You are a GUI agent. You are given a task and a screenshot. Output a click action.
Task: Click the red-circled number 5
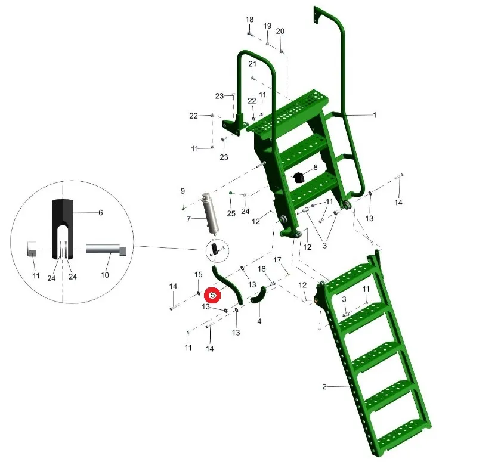212,295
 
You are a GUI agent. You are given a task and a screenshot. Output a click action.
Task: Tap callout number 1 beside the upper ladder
375,115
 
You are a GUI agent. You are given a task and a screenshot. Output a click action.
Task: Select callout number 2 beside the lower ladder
324,387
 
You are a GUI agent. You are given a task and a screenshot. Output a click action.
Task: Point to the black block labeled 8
299,178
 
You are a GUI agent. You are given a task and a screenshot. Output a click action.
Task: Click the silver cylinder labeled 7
210,213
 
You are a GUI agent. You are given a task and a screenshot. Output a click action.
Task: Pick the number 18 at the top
249,20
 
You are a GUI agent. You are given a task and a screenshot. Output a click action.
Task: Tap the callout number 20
280,31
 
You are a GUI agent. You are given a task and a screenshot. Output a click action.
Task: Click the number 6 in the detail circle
101,213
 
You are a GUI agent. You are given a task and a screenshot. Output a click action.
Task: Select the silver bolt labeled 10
106,249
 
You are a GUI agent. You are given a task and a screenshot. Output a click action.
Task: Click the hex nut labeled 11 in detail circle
31,249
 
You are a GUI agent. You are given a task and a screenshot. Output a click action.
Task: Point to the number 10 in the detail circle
105,275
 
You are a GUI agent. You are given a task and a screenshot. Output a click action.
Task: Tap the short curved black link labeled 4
258,296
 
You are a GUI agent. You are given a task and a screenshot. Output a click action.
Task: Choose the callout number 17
277,260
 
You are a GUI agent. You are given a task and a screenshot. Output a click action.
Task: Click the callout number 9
183,191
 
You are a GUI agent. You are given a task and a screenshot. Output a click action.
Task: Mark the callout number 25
231,213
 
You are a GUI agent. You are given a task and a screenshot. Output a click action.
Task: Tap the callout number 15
199,275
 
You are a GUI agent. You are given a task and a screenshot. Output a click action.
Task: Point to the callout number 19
267,26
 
